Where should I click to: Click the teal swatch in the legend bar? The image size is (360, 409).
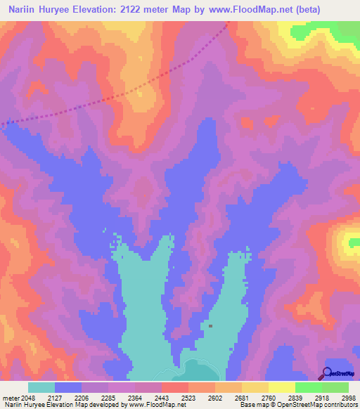(x=41, y=387)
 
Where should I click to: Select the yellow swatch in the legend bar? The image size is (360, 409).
(x=281, y=387)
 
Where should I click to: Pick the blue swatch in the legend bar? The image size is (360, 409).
(x=68, y=387)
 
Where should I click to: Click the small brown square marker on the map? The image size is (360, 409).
(x=210, y=326)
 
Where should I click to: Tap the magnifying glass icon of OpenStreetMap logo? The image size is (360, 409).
(x=326, y=373)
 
